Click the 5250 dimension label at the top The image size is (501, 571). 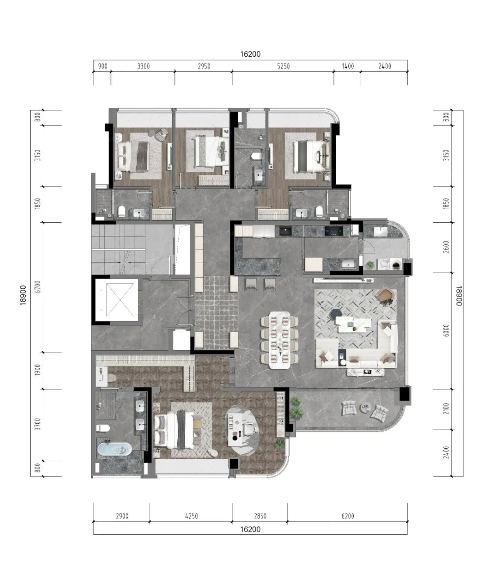[x=283, y=66]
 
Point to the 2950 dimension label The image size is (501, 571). [x=204, y=66]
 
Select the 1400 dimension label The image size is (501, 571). [x=348, y=66]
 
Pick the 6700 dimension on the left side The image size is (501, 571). [x=38, y=287]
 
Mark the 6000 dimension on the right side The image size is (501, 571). [x=446, y=330]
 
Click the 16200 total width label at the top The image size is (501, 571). [x=250, y=54]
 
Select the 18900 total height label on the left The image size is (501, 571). [x=23, y=295]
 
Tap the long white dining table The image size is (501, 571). [x=279, y=340]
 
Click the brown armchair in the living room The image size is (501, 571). [x=385, y=296]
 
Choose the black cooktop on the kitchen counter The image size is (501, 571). [x=334, y=231]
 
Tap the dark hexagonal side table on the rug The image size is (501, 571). [x=335, y=313]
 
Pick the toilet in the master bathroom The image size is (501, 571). [x=103, y=428]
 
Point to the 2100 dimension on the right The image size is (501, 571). [x=446, y=409]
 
